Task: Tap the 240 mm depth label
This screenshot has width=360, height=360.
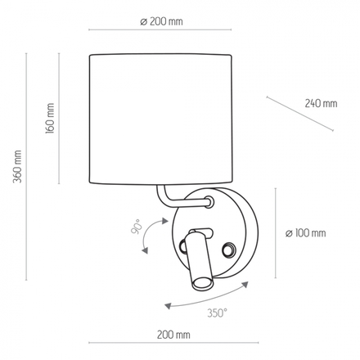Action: (320, 104)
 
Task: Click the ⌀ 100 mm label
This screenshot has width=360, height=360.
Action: (305, 234)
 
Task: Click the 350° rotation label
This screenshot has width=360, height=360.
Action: (217, 313)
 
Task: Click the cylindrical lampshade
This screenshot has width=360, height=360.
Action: (162, 118)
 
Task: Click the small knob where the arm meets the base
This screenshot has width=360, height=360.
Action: (209, 201)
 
